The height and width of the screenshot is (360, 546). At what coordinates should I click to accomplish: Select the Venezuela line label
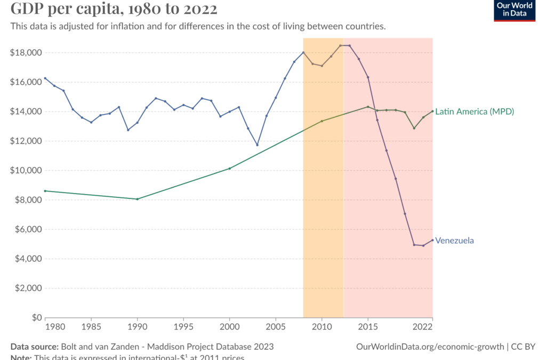(x=454, y=241)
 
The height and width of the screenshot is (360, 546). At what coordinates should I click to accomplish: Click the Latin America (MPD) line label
(x=475, y=111)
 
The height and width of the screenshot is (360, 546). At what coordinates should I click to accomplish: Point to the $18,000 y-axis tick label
(x=26, y=53)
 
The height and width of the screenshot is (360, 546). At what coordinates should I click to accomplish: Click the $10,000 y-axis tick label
(x=26, y=171)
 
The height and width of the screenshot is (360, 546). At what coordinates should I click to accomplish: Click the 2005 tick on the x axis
(x=276, y=326)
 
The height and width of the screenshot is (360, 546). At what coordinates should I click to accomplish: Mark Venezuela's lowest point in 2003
(x=257, y=145)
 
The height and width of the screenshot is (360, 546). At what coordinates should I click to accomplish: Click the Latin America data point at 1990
(x=138, y=199)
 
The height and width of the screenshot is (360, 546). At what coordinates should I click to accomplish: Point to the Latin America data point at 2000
(x=229, y=169)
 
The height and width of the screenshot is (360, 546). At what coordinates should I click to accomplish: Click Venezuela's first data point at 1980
(x=45, y=78)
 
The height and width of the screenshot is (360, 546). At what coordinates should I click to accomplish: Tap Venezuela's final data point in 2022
(x=432, y=240)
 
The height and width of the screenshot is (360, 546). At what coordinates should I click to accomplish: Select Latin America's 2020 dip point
(x=414, y=128)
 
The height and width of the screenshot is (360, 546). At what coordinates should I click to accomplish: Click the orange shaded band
(x=323, y=213)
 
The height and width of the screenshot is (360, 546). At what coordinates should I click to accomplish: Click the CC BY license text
(x=523, y=347)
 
